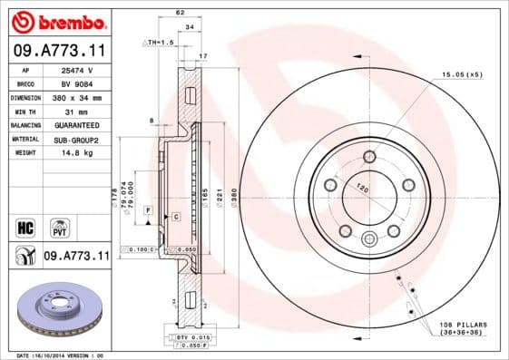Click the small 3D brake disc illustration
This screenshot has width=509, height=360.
coord(57,309)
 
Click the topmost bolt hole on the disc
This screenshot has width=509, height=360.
coord(369,157)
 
